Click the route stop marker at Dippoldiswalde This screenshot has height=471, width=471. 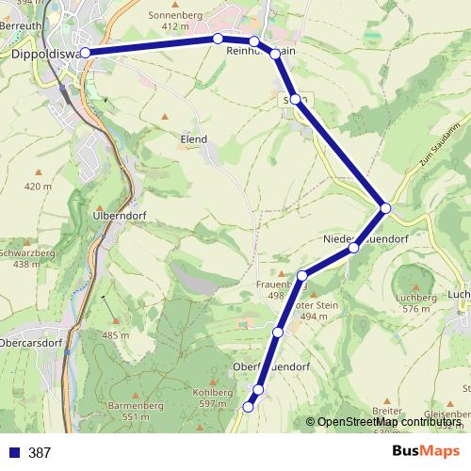coord(86,53)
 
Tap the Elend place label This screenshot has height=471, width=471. coord(193,138)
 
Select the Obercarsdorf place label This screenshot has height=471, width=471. coord(33,343)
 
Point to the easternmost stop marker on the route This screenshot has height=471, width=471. coord(385,207)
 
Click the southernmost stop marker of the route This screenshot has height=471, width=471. coord(249,407)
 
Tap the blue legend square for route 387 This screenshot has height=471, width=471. coord(13,453)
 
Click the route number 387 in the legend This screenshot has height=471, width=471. coord(40,453)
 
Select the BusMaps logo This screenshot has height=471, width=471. coord(426,452)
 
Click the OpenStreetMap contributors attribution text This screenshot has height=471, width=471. coord(388,422)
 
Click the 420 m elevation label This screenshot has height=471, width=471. coord(39,187)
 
